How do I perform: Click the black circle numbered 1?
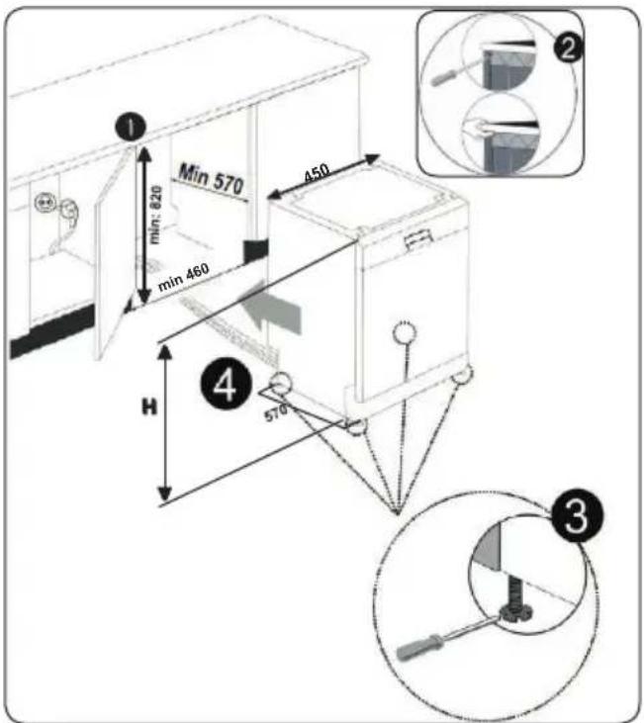point(131,127)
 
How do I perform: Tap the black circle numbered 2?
point(568,47)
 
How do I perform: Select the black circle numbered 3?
point(576,515)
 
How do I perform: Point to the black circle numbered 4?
point(227,384)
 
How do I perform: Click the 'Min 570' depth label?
point(211,179)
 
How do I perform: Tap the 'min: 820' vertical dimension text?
point(156,215)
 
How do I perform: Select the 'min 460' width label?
point(183,277)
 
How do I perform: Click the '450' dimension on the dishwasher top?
point(318,172)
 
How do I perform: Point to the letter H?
point(149,407)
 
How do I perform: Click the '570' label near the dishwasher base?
point(275,412)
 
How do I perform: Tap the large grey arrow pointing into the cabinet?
point(273,308)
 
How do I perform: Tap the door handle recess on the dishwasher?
point(417,239)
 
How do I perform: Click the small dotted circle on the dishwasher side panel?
point(405,332)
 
